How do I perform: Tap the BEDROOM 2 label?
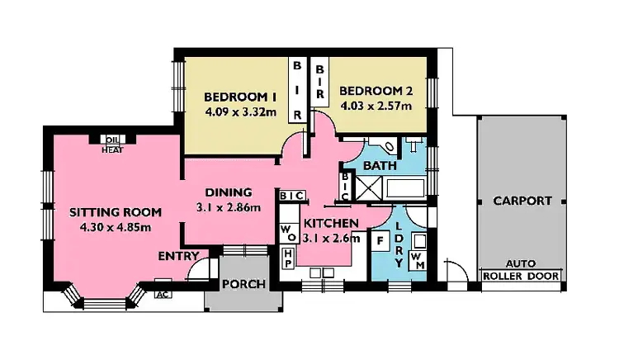374,90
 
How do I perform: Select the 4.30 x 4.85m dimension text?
116,227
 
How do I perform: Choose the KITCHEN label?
330,224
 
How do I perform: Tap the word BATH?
379,166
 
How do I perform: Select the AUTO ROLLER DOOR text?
521,271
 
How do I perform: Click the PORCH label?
244,285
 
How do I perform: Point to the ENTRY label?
177,256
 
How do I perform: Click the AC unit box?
162,293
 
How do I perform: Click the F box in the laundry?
380,242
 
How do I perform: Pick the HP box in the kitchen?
288,257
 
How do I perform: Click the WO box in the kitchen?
287,230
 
